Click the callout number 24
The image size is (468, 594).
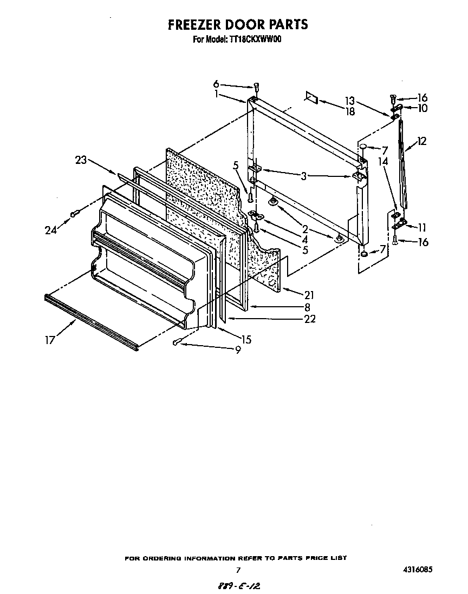click(50, 230)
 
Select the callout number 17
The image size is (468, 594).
click(50, 341)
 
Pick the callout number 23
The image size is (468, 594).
click(81, 160)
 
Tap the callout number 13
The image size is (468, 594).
click(350, 101)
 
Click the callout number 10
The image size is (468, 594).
click(422, 108)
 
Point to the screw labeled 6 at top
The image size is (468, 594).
click(257, 87)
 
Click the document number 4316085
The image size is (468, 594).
click(417, 569)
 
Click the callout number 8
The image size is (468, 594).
click(308, 307)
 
